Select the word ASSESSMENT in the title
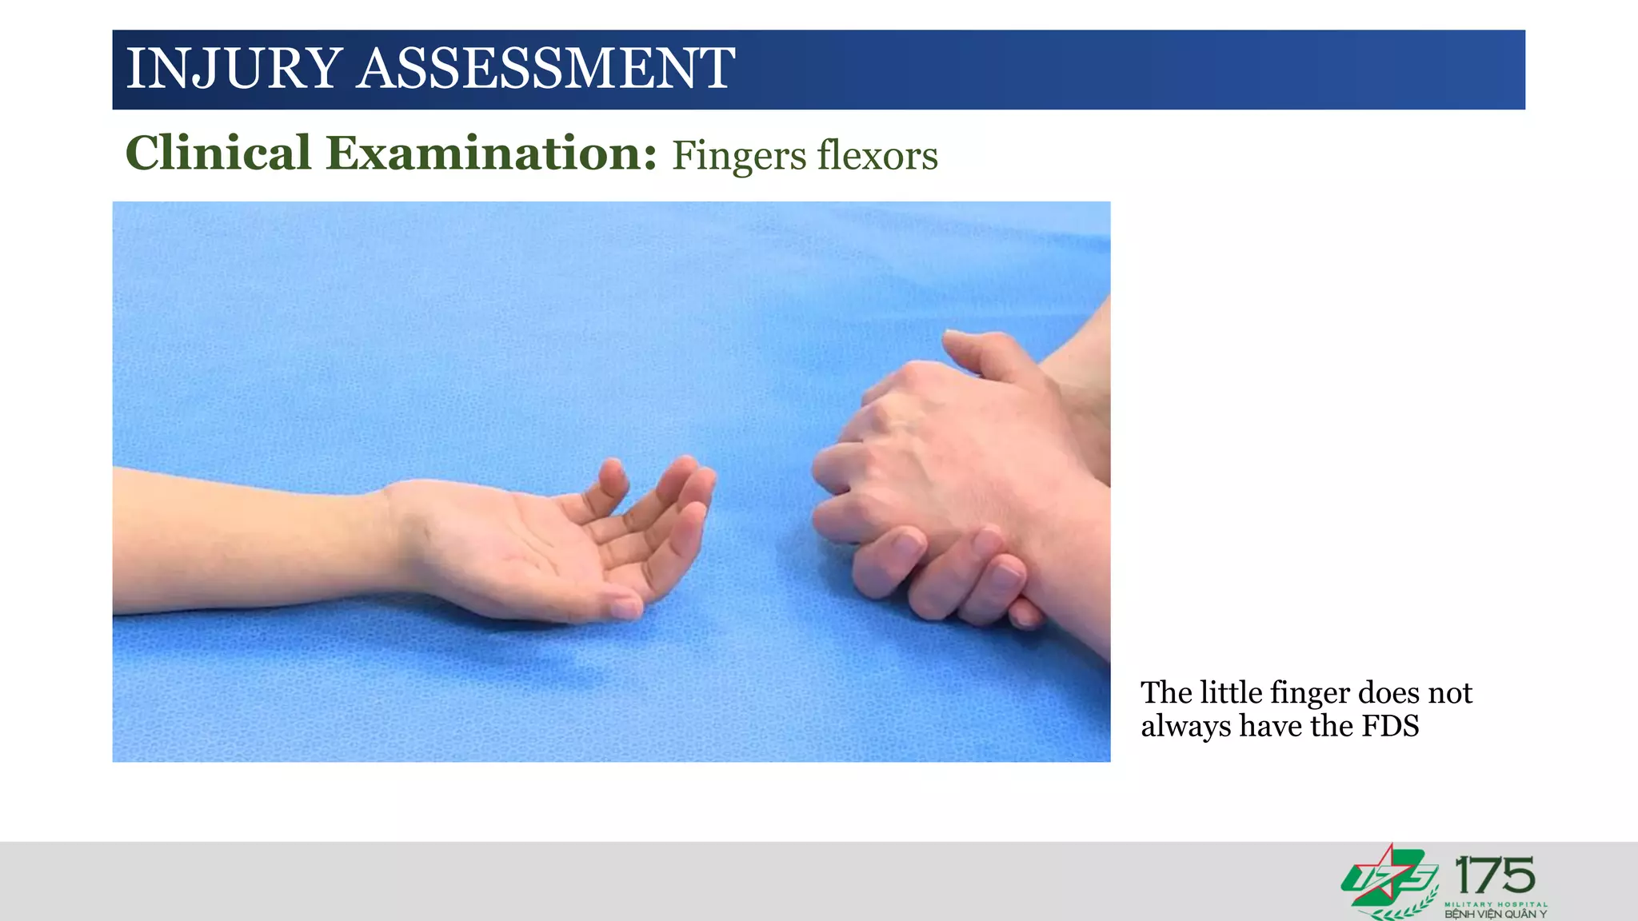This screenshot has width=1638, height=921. [x=545, y=69]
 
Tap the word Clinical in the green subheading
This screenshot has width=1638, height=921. [x=218, y=153]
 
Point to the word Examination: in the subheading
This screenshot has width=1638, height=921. [x=491, y=153]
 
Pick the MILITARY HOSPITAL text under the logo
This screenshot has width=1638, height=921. [x=1495, y=904]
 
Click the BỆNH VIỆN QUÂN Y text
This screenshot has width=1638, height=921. [x=1495, y=914]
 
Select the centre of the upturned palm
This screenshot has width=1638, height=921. [x=528, y=552]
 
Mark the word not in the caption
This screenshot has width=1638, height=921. [x=1451, y=692]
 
